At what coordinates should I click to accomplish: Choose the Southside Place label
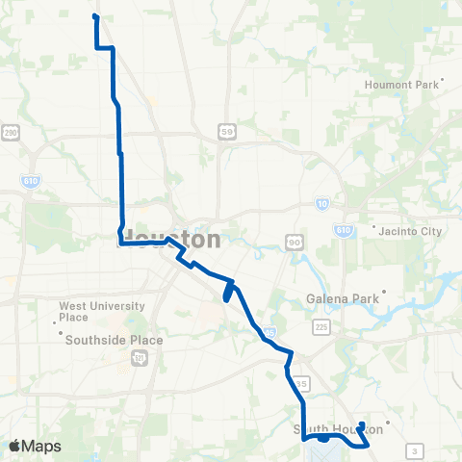114,340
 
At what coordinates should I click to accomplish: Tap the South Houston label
332,428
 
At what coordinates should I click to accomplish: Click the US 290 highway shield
12,133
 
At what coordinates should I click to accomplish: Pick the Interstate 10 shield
320,203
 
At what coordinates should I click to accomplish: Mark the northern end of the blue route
94,16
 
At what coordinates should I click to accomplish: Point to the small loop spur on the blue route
228,290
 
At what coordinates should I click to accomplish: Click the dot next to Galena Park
384,292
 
